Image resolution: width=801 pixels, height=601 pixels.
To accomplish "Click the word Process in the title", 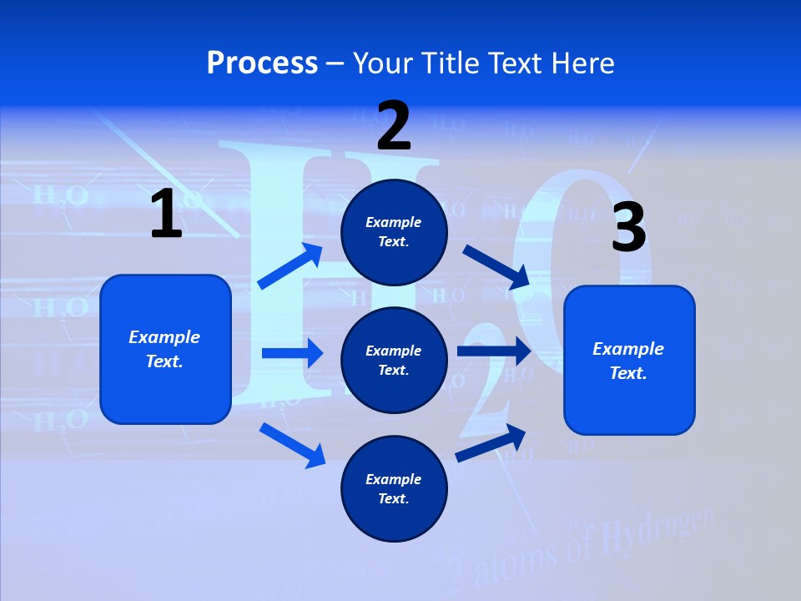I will pos(262,63).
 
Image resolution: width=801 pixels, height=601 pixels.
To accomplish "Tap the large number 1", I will pos(166,214).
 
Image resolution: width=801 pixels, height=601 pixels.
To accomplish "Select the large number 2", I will pos(394,126).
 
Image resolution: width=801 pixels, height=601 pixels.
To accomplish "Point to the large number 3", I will pos(628,228).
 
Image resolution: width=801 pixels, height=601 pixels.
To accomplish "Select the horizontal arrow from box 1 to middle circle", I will pos(292,353).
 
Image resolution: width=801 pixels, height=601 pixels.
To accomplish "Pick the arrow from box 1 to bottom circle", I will pos(292,444).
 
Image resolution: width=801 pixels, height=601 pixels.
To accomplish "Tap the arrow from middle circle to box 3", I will pos(494,351).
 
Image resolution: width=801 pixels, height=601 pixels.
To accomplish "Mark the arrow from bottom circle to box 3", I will pos(491,442).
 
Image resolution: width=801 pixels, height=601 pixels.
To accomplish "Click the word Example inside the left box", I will pos(164,337).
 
